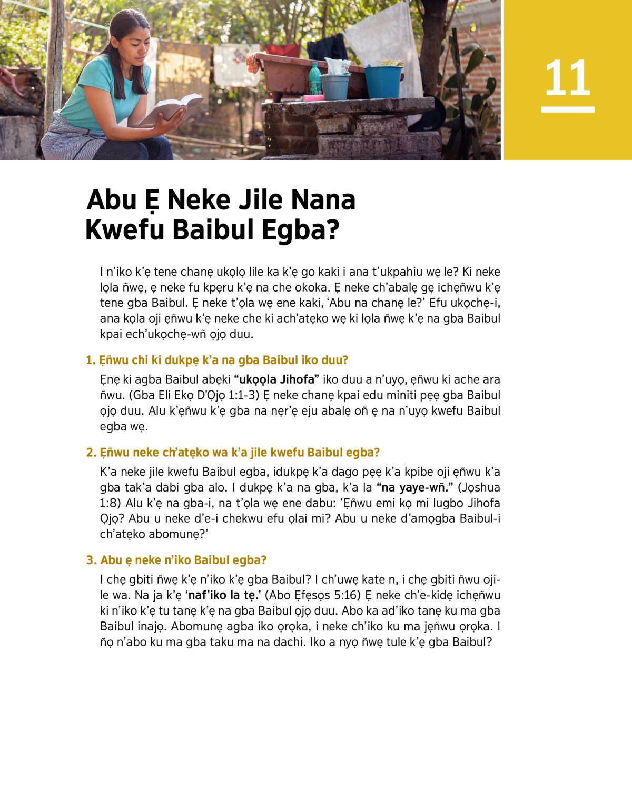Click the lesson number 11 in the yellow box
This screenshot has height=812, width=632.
[x=567, y=78]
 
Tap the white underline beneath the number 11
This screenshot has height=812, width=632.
[x=568, y=109]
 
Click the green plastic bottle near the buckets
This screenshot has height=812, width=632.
[x=314, y=79]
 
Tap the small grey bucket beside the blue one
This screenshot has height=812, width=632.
[x=335, y=86]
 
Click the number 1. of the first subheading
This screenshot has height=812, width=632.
[x=91, y=360]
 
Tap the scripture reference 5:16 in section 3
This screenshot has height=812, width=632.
[x=346, y=595]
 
